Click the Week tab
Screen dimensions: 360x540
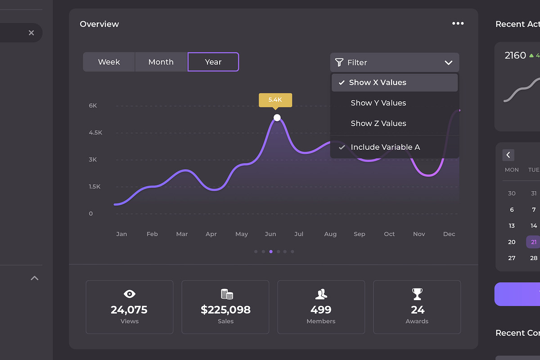point(109,62)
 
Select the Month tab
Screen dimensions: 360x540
point(161,62)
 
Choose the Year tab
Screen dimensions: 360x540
point(213,62)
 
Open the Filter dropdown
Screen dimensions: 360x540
point(395,63)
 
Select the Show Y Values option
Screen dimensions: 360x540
point(378,103)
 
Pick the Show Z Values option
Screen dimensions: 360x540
point(378,123)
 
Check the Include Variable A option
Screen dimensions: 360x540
point(385,147)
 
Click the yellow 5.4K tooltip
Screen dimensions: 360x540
point(275,100)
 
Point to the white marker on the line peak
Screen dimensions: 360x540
point(277,118)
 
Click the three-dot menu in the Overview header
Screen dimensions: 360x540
point(458,23)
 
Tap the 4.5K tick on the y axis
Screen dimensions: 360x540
point(95,133)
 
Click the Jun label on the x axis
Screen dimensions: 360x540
point(270,234)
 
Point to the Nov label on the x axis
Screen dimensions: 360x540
point(419,234)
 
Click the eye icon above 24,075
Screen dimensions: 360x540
point(130,294)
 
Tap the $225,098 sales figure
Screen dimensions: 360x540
point(225,310)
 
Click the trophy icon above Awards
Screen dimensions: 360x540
point(417,294)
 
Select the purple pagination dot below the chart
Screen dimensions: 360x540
point(270,252)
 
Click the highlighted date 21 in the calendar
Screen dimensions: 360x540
point(533,242)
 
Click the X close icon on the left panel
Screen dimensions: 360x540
point(31,33)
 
